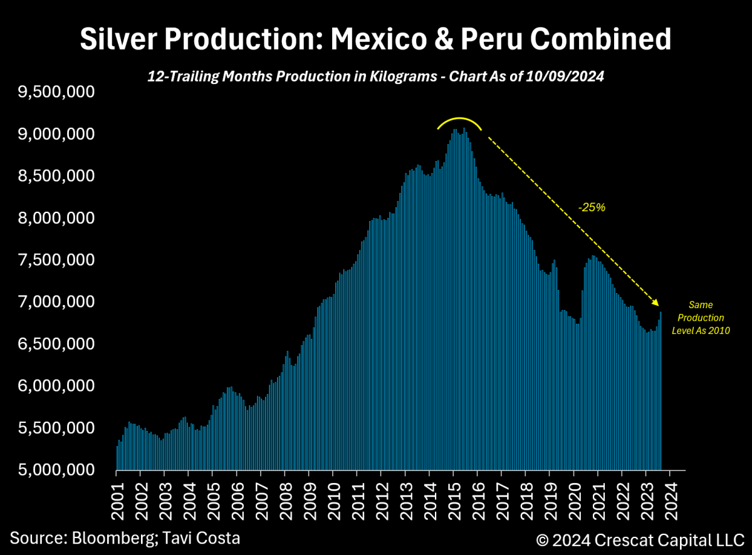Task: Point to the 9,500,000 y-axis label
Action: point(56,93)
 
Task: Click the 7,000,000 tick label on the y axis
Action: point(56,302)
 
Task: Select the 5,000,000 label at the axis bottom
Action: point(56,470)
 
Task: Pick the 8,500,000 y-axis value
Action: point(56,176)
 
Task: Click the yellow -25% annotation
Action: point(592,207)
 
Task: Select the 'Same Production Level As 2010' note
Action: point(701,318)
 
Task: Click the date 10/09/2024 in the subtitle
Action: point(572,76)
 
